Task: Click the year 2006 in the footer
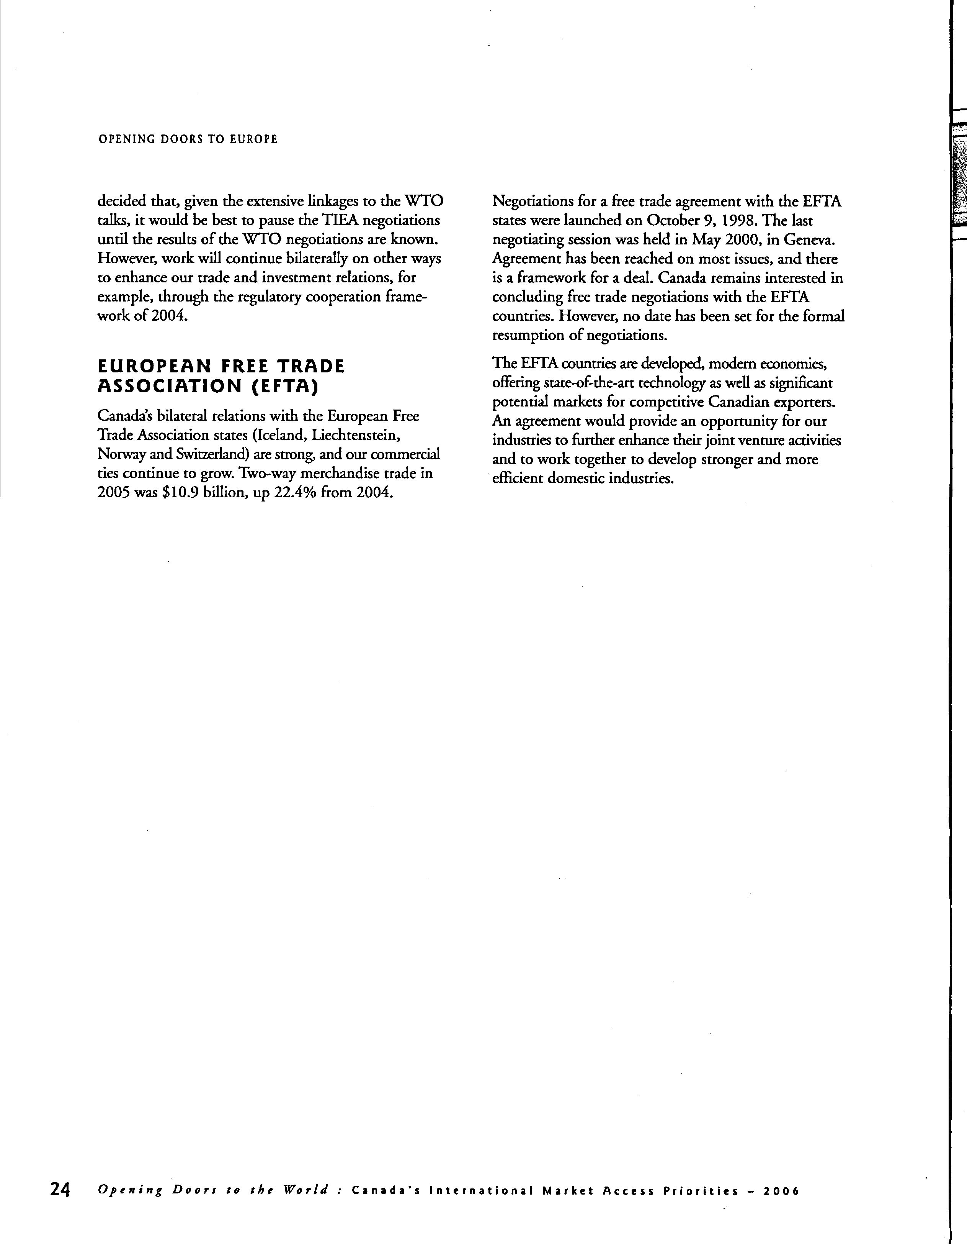(x=781, y=1191)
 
